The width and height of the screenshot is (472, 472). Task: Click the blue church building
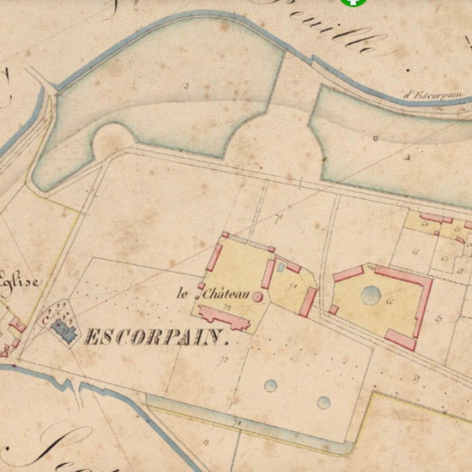[64, 330]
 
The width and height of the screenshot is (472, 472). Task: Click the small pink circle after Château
[257, 296]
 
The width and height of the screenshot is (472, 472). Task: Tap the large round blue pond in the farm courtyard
[371, 295]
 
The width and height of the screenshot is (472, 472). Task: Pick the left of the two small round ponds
[270, 386]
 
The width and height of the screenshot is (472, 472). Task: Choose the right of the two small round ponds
[324, 403]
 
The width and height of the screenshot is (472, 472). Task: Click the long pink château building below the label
[223, 317]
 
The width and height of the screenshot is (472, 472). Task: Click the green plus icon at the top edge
[351, 2]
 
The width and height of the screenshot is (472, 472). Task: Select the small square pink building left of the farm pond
[334, 309]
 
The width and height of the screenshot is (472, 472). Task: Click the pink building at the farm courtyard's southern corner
[401, 338]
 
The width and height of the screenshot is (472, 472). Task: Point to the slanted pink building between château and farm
[308, 301]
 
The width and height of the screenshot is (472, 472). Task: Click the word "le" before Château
[182, 293]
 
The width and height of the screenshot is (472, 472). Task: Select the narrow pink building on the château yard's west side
[214, 258]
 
